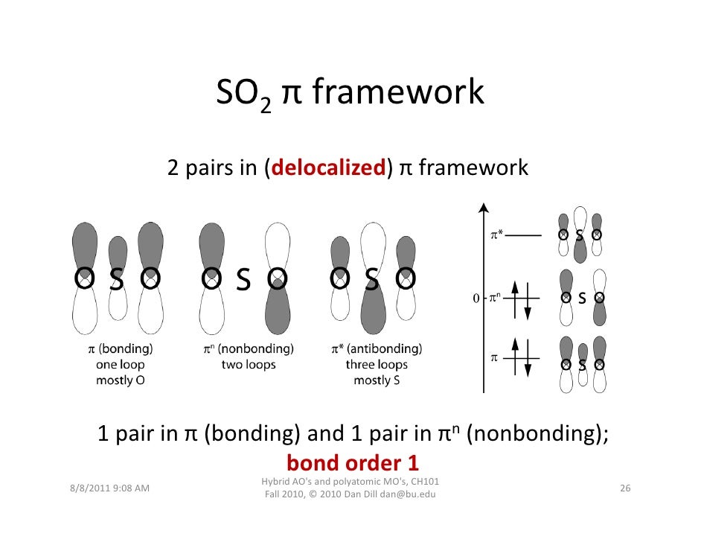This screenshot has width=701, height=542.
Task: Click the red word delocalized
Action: point(327,169)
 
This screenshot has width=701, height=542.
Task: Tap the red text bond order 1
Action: point(352,462)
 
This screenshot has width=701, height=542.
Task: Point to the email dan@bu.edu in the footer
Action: point(409,494)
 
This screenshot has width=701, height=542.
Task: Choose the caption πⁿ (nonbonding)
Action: point(248,348)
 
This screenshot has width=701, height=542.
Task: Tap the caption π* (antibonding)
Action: point(376,348)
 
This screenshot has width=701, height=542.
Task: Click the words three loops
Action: point(376,365)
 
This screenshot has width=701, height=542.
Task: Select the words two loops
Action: point(248,365)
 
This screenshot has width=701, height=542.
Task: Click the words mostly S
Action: point(376,380)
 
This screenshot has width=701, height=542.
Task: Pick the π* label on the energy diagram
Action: point(496,236)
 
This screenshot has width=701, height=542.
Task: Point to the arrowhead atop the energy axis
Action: point(484,208)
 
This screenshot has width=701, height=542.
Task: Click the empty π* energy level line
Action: point(525,236)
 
